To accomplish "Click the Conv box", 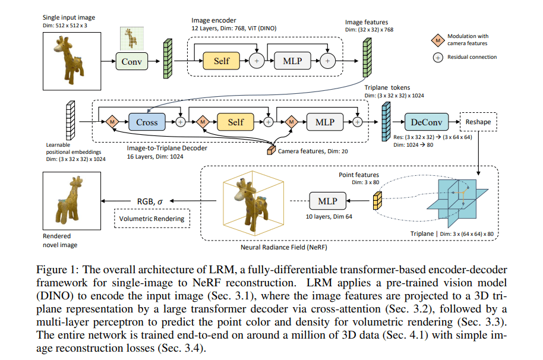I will [x=131, y=61].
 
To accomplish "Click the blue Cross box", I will [x=147, y=122].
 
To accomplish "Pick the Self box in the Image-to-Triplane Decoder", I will [x=236, y=122].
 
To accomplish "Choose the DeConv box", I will [x=426, y=122].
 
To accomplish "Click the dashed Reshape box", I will [x=478, y=122].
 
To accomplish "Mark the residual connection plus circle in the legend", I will [x=437, y=57].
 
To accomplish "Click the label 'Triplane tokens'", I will [x=387, y=87].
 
